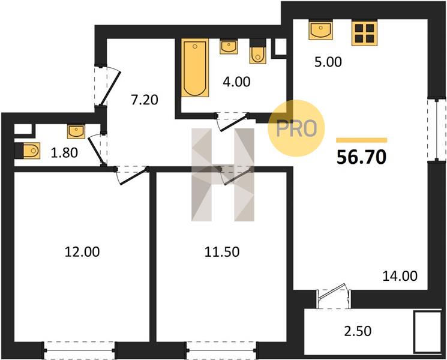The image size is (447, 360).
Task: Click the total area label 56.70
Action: (x=361, y=157)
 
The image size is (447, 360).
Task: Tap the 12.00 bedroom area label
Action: (x=82, y=251)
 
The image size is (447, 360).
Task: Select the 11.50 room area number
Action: (x=222, y=251)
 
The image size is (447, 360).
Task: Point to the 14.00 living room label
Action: (x=400, y=276)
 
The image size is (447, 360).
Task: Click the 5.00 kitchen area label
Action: (x=328, y=62)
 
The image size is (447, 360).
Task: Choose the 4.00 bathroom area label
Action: (x=236, y=82)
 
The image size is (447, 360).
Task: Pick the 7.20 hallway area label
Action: (x=145, y=100)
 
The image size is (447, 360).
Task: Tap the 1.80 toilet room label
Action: (x=64, y=153)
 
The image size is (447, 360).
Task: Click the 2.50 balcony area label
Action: (x=358, y=331)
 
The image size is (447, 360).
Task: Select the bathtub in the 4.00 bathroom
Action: (x=195, y=68)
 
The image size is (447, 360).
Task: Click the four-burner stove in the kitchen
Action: (x=364, y=33)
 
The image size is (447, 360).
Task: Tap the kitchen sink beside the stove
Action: (x=321, y=30)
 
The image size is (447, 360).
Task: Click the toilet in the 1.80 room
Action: (x=28, y=151)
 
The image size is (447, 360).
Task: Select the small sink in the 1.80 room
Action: (x=76, y=131)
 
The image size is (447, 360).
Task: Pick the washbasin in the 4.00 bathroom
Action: (x=229, y=46)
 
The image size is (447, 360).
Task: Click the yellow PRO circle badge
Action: (x=296, y=128)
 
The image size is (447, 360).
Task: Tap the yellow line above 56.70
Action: (x=361, y=140)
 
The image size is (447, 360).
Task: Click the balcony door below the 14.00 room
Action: (x=334, y=296)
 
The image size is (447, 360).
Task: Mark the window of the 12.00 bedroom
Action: (x=80, y=350)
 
